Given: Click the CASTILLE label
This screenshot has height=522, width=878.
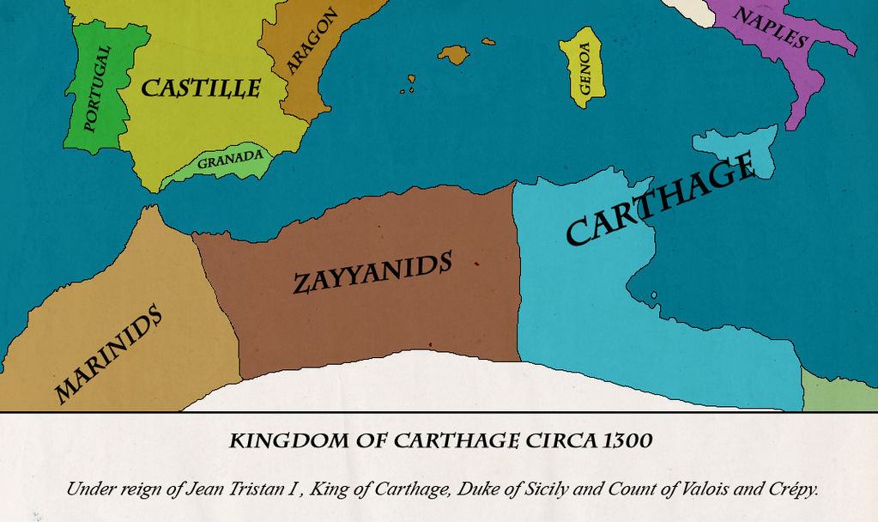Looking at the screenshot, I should tap(200, 88).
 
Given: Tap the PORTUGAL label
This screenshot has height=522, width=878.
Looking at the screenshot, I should tap(97, 88).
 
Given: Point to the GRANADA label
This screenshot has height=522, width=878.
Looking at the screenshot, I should tap(229, 160).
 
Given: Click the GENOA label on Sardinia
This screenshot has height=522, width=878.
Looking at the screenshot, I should tap(584, 68).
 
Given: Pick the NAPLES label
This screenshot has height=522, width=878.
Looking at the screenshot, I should tap(770, 27).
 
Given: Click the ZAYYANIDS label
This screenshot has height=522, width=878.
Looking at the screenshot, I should tap(372, 273).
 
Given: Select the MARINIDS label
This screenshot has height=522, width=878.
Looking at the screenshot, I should tap(108, 353).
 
